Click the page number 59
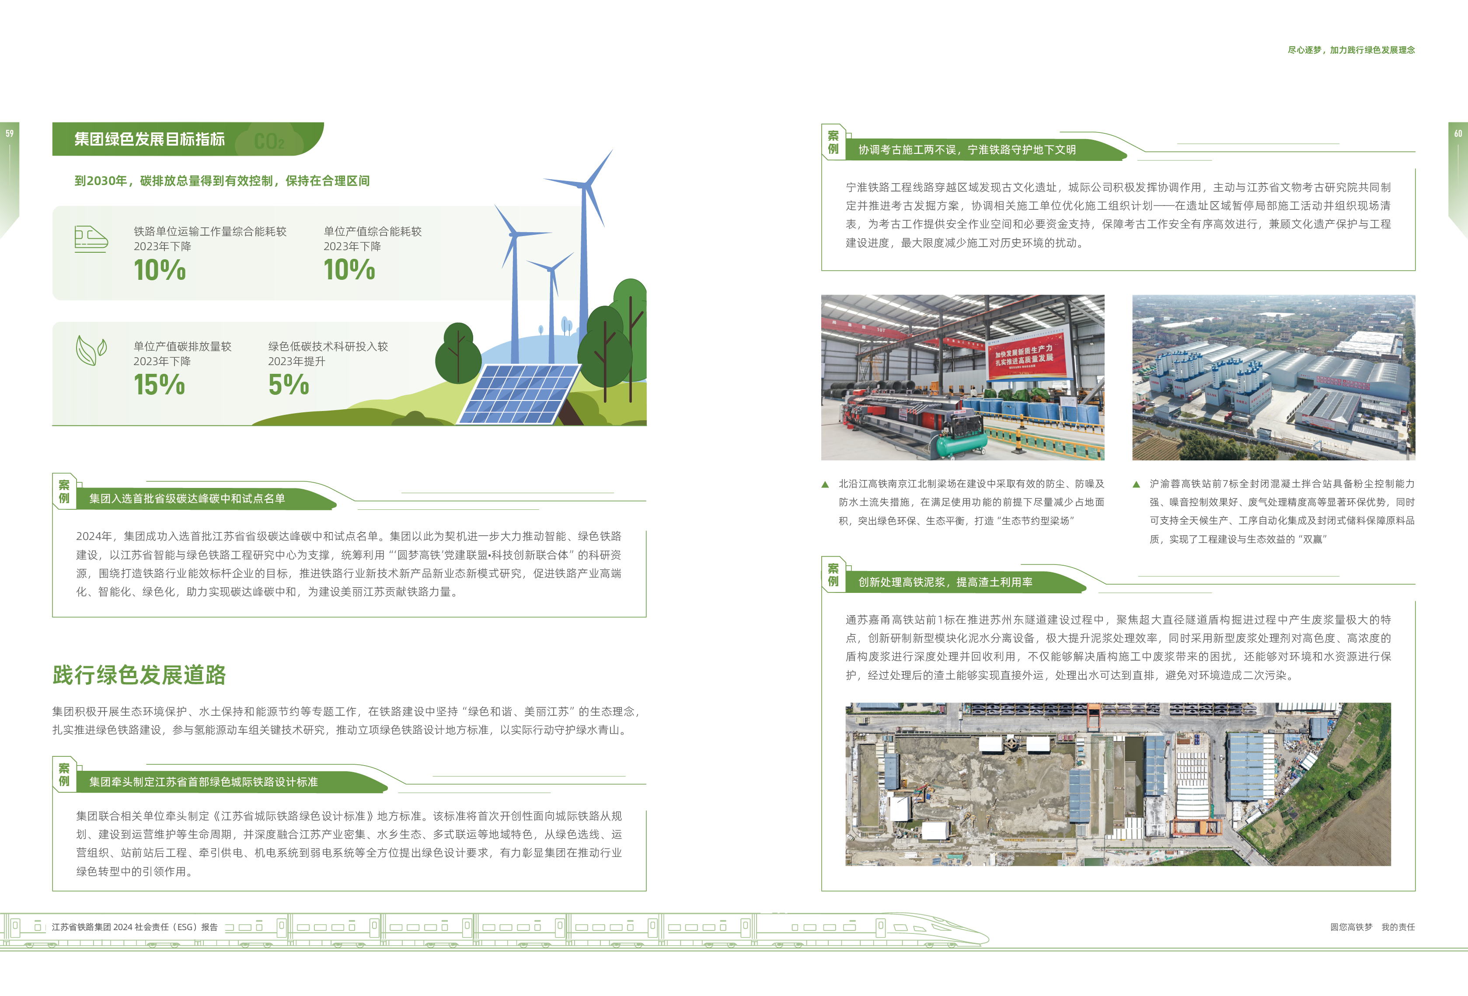point(10,133)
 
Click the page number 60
point(1458,133)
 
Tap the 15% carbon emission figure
point(159,385)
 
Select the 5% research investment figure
point(289,385)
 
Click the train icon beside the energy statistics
point(91,239)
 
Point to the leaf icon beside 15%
point(91,350)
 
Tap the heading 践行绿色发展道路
point(139,675)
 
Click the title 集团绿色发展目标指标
point(150,139)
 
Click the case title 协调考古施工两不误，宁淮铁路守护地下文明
point(967,150)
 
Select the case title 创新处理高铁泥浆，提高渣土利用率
point(945,582)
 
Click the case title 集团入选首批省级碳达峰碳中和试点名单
point(187,498)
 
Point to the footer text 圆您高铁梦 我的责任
point(1372,926)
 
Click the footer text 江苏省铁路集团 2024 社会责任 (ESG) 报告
point(135,926)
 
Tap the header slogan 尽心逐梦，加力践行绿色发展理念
point(1351,50)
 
